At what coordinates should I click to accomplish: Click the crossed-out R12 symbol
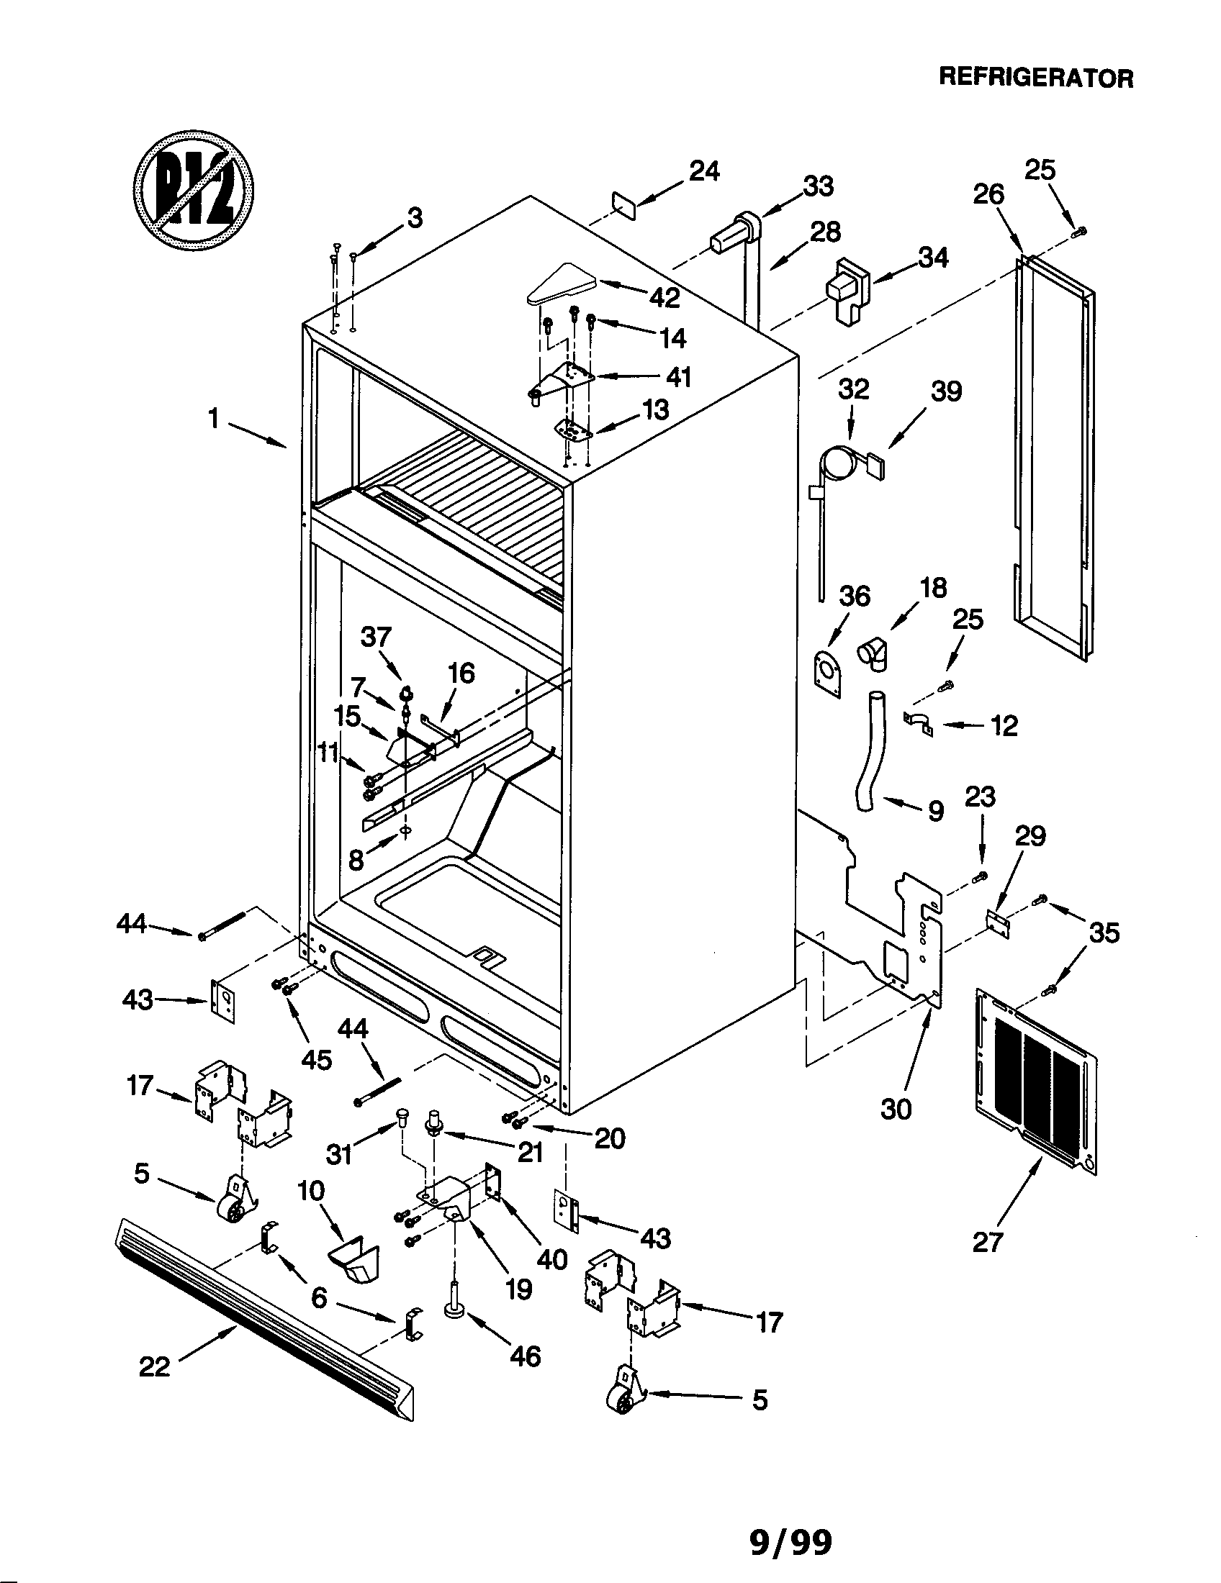point(194,191)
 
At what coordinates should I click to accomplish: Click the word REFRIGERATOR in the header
point(1036,78)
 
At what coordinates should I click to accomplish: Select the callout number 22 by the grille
point(155,1366)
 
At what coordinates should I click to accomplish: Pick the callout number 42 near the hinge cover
point(664,297)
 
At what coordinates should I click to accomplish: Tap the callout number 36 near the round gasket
point(854,596)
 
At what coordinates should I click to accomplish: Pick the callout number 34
point(933,258)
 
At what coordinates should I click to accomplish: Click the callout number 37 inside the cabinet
point(376,638)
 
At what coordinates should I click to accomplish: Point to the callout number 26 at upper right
point(988,194)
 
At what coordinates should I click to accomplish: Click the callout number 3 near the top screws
point(415,217)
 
